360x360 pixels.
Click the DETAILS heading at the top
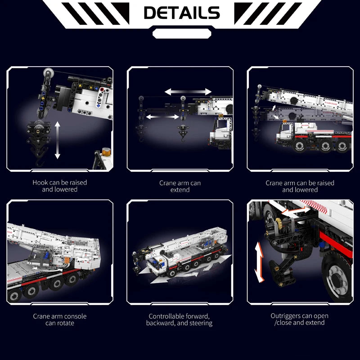[x=181, y=13]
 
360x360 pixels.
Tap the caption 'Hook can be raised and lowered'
[x=60, y=186]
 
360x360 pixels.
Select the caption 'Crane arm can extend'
[x=180, y=186]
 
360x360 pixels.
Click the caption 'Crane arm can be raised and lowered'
[x=300, y=186]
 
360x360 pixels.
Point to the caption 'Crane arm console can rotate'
[x=60, y=319]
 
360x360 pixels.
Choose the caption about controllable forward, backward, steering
[x=180, y=319]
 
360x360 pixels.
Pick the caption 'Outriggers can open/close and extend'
[x=300, y=319]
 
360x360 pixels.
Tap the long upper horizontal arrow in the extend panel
[x=188, y=92]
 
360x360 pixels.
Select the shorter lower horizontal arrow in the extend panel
[x=163, y=117]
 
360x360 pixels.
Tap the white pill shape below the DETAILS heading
[x=181, y=33]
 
